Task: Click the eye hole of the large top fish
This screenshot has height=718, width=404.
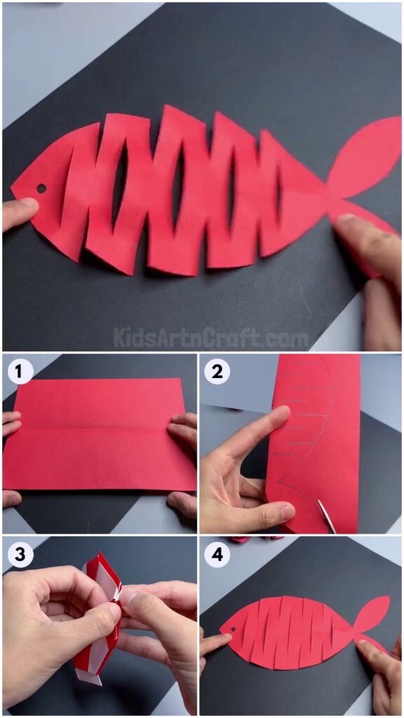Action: [41, 189]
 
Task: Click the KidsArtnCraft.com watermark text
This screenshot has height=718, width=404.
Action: [210, 339]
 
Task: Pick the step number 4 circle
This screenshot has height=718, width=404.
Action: [217, 554]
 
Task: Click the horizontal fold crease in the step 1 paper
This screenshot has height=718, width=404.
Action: [98, 425]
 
